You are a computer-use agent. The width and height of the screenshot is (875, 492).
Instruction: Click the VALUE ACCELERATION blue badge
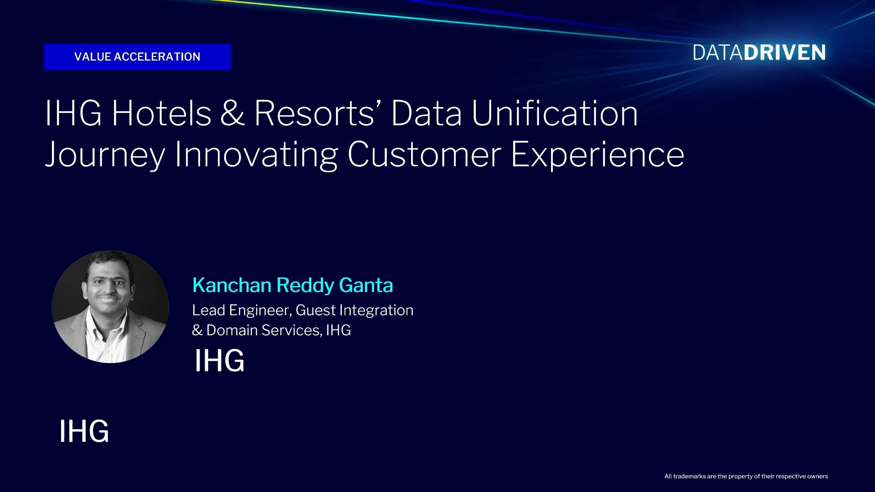click(137, 57)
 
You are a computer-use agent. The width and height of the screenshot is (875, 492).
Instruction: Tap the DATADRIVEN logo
click(759, 53)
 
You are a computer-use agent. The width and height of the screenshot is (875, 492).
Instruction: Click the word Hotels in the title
click(162, 113)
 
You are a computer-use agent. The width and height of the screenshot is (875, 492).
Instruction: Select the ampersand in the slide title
click(232, 113)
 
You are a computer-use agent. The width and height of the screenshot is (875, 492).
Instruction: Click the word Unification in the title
click(555, 113)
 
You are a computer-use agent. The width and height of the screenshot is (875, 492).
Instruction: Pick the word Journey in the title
click(105, 155)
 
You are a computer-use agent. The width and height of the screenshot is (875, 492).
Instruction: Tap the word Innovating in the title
click(256, 155)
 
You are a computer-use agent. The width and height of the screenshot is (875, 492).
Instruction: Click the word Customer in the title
click(424, 154)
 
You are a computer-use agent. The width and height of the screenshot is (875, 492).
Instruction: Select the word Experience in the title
click(597, 155)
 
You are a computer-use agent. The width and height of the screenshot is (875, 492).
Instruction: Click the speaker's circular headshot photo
click(110, 307)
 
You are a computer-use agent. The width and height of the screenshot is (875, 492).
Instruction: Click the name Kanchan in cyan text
click(232, 285)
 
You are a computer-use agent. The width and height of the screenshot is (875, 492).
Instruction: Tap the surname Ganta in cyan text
click(366, 285)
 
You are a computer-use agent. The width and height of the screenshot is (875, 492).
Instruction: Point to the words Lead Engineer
click(242, 310)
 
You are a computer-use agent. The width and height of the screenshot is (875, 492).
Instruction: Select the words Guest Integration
click(355, 310)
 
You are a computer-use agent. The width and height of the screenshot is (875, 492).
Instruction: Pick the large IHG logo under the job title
click(219, 361)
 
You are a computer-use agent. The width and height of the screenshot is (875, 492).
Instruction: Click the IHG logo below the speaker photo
click(84, 431)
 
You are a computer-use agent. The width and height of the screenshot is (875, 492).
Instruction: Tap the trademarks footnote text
click(746, 477)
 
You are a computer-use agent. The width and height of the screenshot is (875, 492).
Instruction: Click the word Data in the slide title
click(426, 113)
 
